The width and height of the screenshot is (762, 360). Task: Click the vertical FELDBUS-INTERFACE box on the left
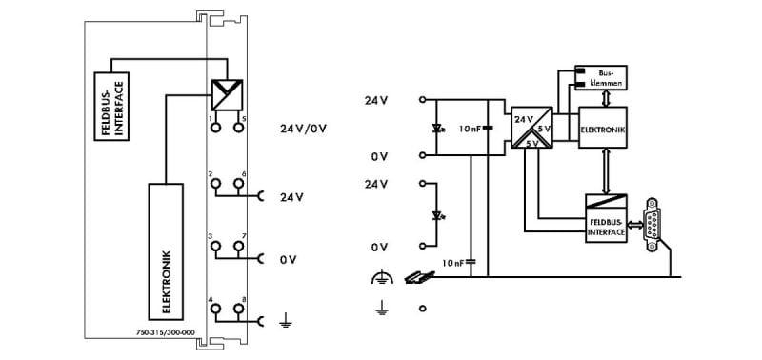(x=111, y=107)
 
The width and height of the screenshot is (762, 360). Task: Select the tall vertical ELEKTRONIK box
(x=166, y=251)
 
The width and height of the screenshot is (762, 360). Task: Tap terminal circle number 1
(x=215, y=128)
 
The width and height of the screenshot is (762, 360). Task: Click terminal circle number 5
(x=238, y=128)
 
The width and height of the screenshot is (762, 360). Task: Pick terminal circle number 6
(x=238, y=183)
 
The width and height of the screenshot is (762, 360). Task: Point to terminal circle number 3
(x=215, y=246)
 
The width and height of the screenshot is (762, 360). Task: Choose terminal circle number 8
(x=238, y=309)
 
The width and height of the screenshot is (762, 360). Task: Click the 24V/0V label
(x=303, y=130)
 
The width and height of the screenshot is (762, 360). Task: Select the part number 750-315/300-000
(x=165, y=332)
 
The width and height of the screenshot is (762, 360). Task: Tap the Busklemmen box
(x=601, y=78)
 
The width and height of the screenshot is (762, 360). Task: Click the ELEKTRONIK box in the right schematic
(x=603, y=128)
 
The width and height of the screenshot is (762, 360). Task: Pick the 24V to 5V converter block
(x=531, y=128)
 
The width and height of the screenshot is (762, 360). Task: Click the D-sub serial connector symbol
(x=652, y=225)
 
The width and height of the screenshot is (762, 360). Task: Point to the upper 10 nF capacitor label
(x=470, y=129)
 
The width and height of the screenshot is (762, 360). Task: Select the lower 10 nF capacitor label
(x=453, y=263)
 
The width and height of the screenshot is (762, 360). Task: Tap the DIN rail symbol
(x=419, y=277)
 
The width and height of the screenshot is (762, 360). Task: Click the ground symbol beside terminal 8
(x=287, y=320)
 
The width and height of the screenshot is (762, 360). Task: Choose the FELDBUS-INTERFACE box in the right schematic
(x=606, y=218)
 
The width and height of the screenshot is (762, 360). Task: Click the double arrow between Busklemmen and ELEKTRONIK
(x=605, y=99)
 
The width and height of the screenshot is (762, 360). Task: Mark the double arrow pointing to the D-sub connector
(x=635, y=225)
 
